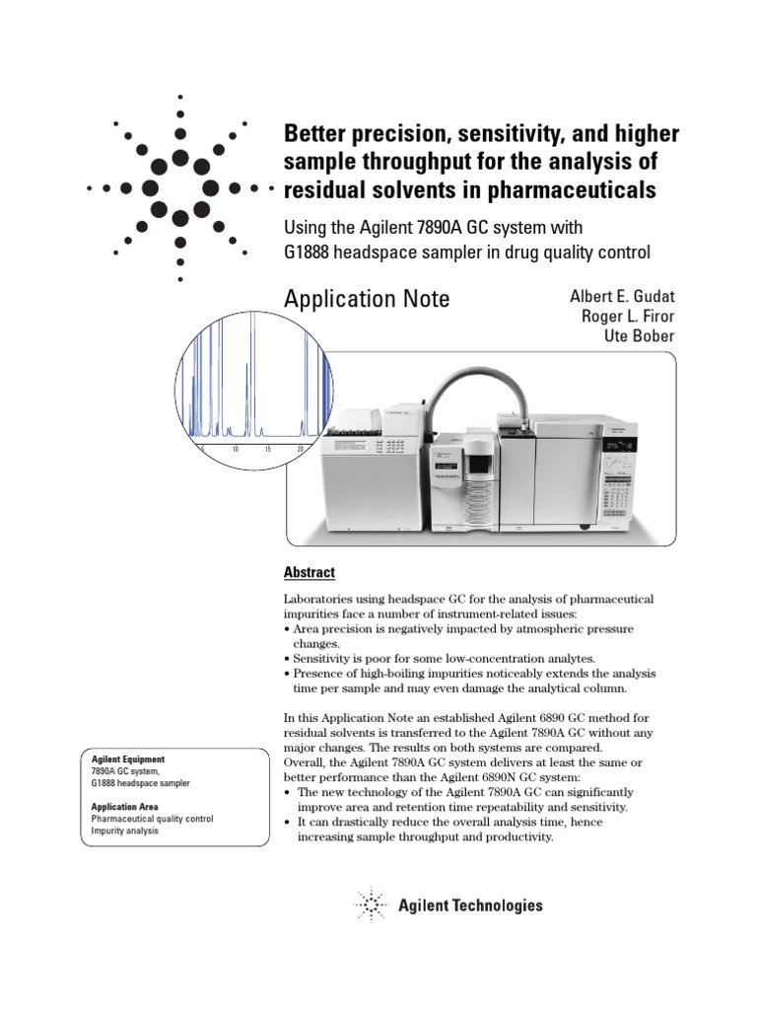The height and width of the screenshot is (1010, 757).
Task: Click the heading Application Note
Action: tap(366, 299)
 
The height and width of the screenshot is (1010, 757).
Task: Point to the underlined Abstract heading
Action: tap(309, 573)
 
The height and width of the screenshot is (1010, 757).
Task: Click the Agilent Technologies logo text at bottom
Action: tap(470, 905)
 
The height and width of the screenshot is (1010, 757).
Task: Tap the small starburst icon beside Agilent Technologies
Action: tap(371, 904)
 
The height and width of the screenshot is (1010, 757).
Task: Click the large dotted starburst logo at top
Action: tap(179, 187)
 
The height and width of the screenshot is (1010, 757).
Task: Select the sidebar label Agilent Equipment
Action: tap(128, 759)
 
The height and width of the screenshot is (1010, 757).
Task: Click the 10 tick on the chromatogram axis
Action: tap(236, 449)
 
